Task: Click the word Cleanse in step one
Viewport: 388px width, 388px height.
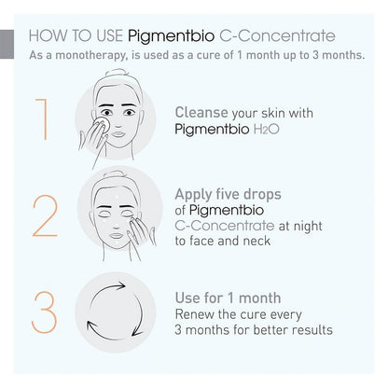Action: click(x=202, y=112)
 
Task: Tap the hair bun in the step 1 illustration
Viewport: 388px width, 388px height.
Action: click(x=122, y=77)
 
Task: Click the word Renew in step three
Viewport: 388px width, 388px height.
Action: click(x=197, y=314)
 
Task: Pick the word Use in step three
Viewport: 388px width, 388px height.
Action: click(x=189, y=298)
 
